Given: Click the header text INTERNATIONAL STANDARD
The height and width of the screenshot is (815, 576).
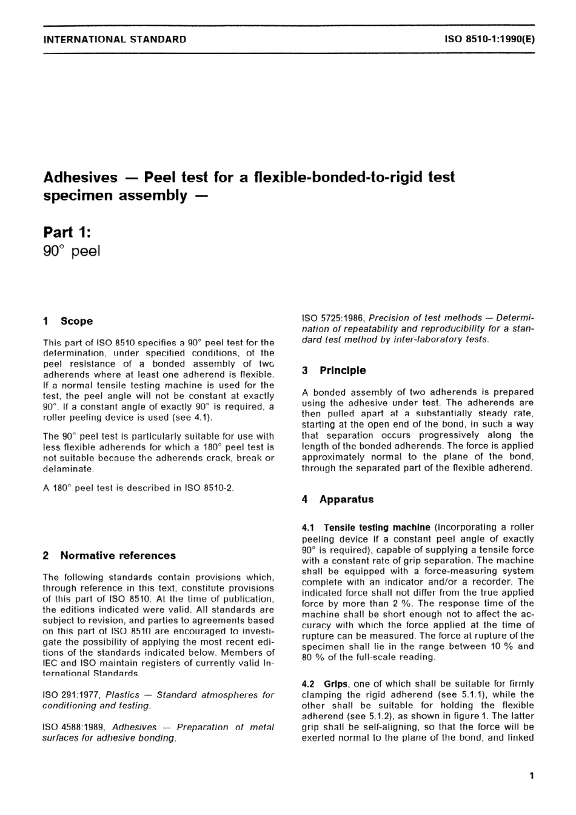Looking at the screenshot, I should point(115,39).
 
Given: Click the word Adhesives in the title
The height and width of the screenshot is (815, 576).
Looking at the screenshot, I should point(81,178).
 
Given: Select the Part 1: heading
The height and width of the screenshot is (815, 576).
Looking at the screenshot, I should point(67,231).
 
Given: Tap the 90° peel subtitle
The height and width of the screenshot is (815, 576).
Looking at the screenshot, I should point(72,251).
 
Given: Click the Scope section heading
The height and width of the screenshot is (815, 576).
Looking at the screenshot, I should point(76,321).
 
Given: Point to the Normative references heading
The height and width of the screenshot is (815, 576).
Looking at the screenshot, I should point(118,556).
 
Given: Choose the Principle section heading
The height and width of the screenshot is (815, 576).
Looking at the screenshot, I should point(343,370).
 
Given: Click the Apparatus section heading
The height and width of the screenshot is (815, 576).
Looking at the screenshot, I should point(346,499).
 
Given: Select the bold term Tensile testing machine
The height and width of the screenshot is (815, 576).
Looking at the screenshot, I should point(377,528).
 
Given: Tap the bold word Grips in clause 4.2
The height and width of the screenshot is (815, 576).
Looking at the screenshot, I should point(336,684).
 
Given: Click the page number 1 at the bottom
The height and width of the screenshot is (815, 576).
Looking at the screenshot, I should point(531,775).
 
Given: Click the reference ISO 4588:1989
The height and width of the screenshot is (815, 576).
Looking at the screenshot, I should point(74,727).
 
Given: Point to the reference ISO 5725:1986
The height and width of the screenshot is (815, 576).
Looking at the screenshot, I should point(332,318).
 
